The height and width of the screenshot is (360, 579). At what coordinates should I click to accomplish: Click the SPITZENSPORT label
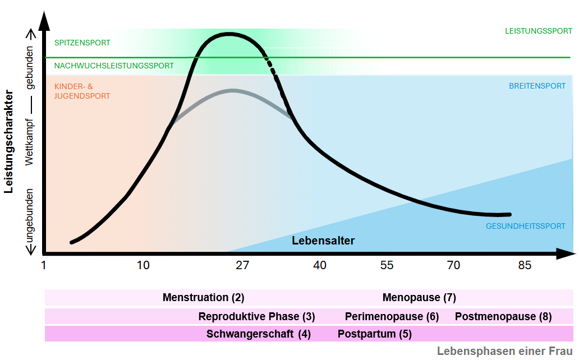coord(82,43)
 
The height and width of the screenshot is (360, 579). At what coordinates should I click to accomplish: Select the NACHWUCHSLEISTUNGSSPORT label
coord(114,66)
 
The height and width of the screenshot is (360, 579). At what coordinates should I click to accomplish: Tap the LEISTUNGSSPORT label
coord(538,31)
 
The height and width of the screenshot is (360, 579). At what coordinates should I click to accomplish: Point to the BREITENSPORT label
coord(537,86)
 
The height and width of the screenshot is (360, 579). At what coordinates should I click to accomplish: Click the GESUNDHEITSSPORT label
coord(525,226)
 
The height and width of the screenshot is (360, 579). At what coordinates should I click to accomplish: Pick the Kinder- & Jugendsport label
coord(82,91)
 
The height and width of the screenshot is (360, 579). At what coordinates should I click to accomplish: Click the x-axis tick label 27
coord(242,265)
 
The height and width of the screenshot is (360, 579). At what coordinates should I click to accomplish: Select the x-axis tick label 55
coord(387,265)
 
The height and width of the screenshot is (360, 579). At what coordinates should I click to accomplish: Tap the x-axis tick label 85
coord(524,265)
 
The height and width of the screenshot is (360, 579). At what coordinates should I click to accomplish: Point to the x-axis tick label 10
coord(144,265)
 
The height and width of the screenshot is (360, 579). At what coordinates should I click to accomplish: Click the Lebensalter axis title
coord(323,241)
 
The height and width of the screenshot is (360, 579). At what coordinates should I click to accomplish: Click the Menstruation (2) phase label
coord(203,298)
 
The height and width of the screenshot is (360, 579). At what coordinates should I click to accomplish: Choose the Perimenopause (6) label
coord(392,316)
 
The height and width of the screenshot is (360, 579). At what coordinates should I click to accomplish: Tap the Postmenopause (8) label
coord(503,316)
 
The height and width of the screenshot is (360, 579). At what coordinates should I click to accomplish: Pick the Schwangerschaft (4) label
coord(258,334)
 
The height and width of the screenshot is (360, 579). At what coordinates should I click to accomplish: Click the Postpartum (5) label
coord(374,334)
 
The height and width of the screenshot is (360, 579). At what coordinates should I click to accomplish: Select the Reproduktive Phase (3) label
coord(256,316)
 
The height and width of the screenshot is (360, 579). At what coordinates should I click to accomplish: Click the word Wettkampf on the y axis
coord(29,142)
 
